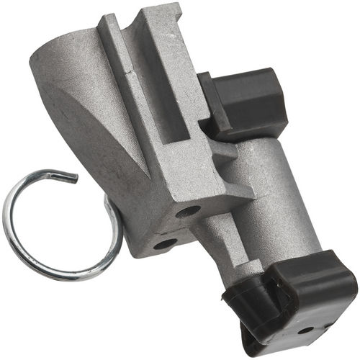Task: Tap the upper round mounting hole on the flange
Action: [188, 212]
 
